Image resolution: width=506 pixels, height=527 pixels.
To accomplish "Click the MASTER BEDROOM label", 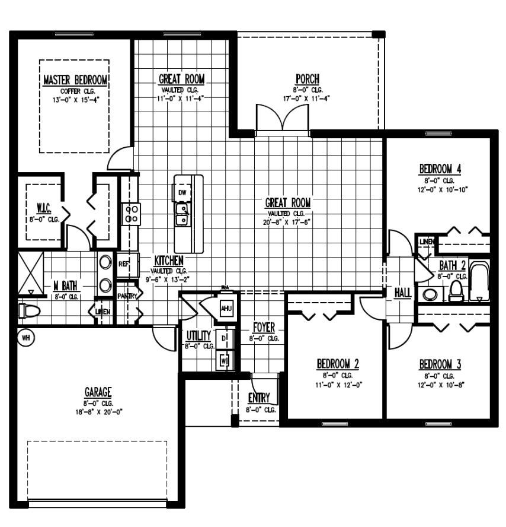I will pos(75,80).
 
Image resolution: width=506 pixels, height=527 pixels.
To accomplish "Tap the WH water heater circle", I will pos(25,338).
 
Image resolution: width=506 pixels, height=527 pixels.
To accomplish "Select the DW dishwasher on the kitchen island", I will pos(182,193).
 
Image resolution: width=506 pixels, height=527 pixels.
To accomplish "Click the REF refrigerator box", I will pos(124,264).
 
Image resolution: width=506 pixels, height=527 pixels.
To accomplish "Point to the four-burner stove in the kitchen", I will pos(132,214).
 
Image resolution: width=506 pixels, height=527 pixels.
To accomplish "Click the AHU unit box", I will pos(226,309).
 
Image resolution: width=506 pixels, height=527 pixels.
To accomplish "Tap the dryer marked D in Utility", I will pos(225,339).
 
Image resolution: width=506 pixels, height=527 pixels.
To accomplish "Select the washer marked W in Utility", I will pos(225,360).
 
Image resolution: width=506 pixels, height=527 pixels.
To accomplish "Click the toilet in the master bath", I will pos(28,311).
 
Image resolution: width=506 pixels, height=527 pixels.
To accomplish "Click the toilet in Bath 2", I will pos(456,290).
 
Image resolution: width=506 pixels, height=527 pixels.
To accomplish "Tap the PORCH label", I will pos(308,80).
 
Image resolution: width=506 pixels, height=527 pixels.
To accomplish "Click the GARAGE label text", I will pos(98,392).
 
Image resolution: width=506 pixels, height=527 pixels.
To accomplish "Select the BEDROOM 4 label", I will pos(440,169).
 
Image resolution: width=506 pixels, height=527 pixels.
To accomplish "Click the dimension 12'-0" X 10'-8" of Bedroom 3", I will pos(440,385).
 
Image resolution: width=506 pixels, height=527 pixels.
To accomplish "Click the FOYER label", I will pos(264,328).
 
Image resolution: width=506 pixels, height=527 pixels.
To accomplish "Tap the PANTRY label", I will pos(127,296).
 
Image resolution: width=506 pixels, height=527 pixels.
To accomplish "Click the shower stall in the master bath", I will pos(30,273).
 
